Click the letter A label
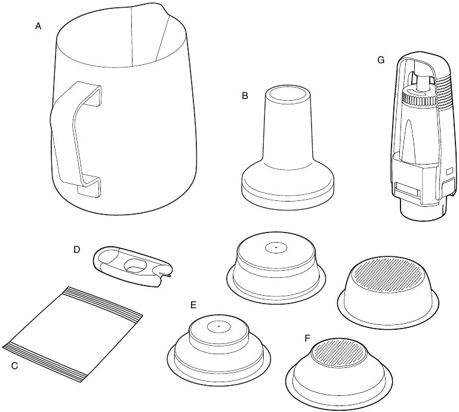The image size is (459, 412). [38, 26]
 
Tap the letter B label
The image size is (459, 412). [245, 95]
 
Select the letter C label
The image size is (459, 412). [14, 365]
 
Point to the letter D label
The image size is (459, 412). [76, 250]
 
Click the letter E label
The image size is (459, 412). [193, 305]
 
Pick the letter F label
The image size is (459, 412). [307, 339]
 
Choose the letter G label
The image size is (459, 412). [381, 60]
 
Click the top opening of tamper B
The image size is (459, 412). [288, 95]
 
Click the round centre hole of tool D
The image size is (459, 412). [135, 265]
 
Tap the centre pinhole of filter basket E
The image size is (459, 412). [219, 326]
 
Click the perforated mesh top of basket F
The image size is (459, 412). [338, 352]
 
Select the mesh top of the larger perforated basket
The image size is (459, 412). [388, 274]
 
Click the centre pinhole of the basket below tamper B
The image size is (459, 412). [276, 247]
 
